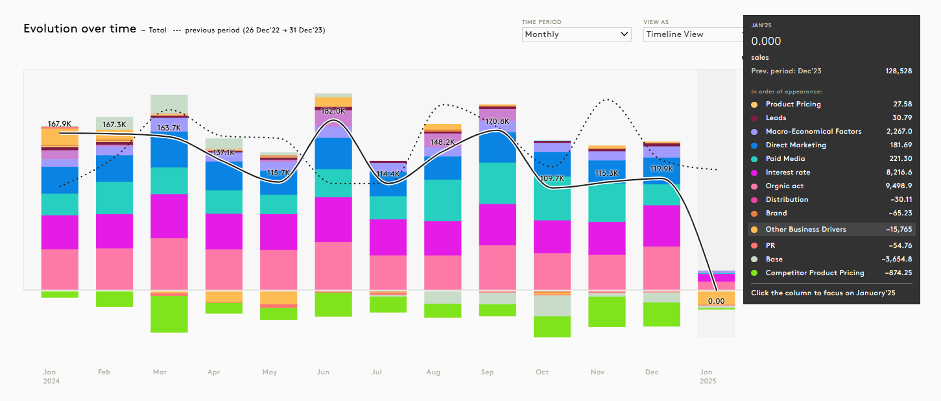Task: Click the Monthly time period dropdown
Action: click(x=576, y=34)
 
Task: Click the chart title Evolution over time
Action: click(x=80, y=29)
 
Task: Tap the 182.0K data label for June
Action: click(x=333, y=111)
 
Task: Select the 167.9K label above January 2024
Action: click(x=59, y=123)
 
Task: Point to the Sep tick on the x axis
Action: click(x=487, y=372)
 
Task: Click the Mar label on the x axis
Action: click(x=160, y=372)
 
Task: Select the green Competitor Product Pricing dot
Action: click(x=754, y=273)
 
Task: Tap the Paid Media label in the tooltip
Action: click(x=785, y=159)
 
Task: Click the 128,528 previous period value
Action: click(x=898, y=71)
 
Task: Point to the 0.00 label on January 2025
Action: click(x=716, y=301)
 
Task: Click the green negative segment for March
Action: click(x=169, y=314)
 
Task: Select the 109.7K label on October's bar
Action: click(x=551, y=178)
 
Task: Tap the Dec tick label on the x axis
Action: click(x=652, y=372)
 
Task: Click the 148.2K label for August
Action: click(x=442, y=142)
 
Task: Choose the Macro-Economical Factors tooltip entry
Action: click(x=813, y=132)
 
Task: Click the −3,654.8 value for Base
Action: click(x=896, y=260)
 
